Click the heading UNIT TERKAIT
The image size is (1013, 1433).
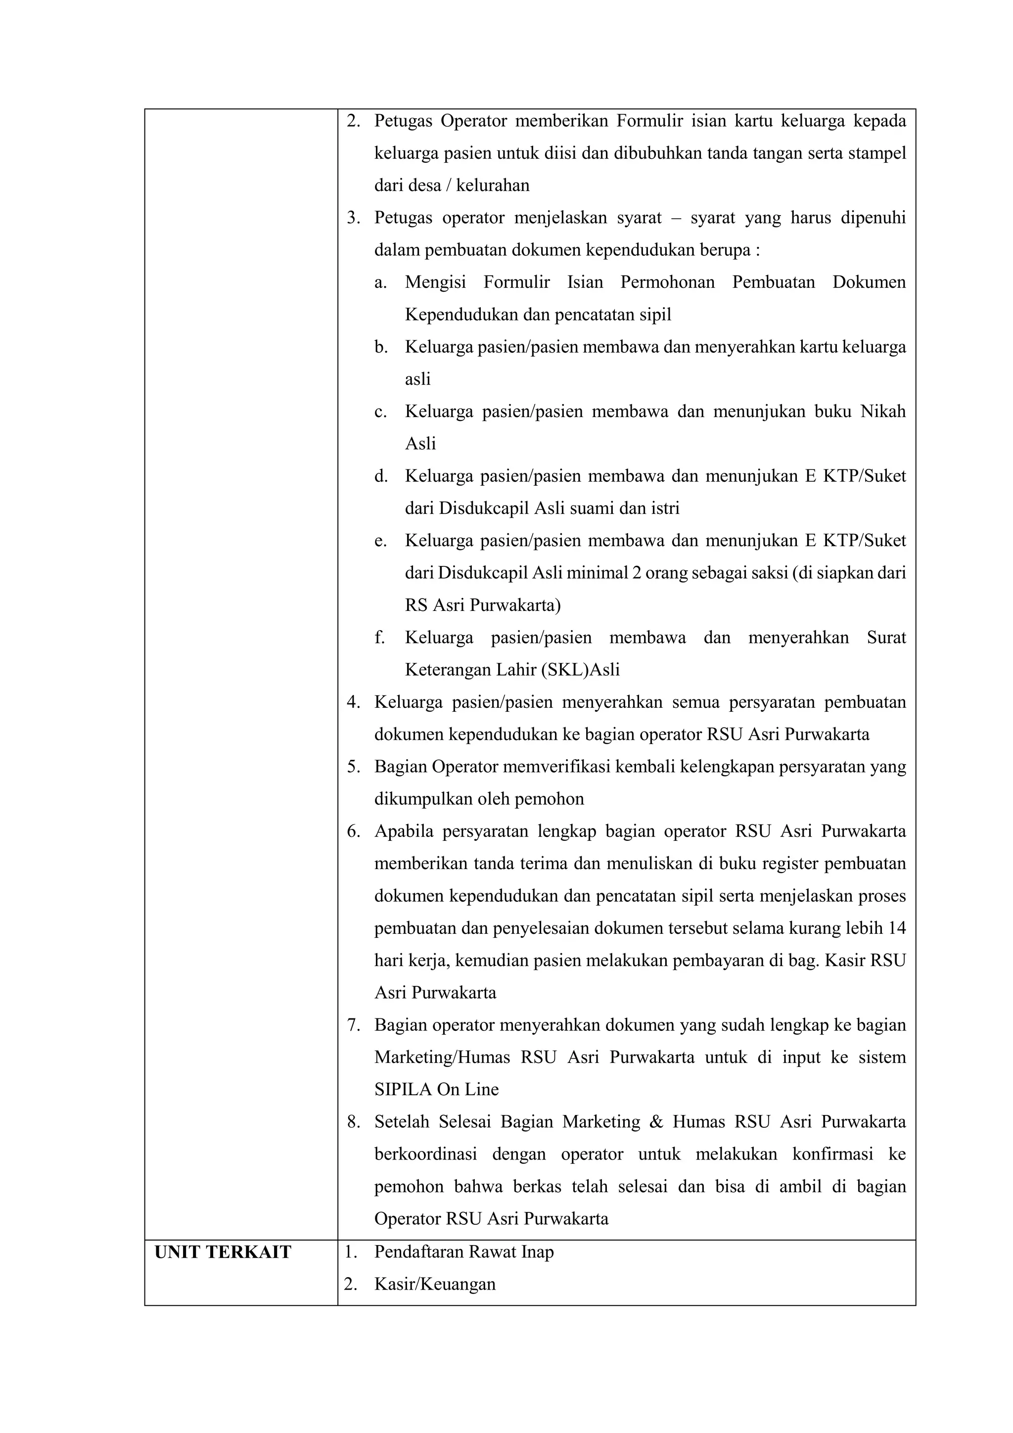coord(222,1252)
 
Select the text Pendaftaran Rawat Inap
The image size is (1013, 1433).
coord(464,1252)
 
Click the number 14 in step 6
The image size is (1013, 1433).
coord(896,928)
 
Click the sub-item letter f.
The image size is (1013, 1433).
coord(379,638)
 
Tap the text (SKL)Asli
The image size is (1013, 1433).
coord(581,670)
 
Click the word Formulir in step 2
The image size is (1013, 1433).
coord(650,121)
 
